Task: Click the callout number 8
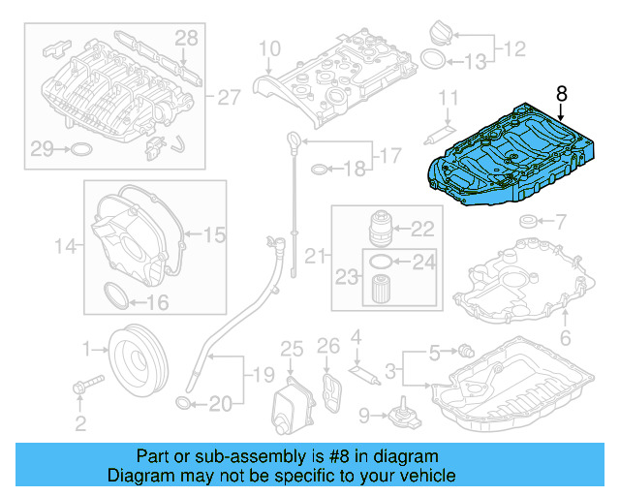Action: [563, 94]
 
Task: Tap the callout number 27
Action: [228, 98]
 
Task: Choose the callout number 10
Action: [268, 48]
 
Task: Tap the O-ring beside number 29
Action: [84, 149]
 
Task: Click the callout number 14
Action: [65, 247]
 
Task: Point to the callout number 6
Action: [566, 338]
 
